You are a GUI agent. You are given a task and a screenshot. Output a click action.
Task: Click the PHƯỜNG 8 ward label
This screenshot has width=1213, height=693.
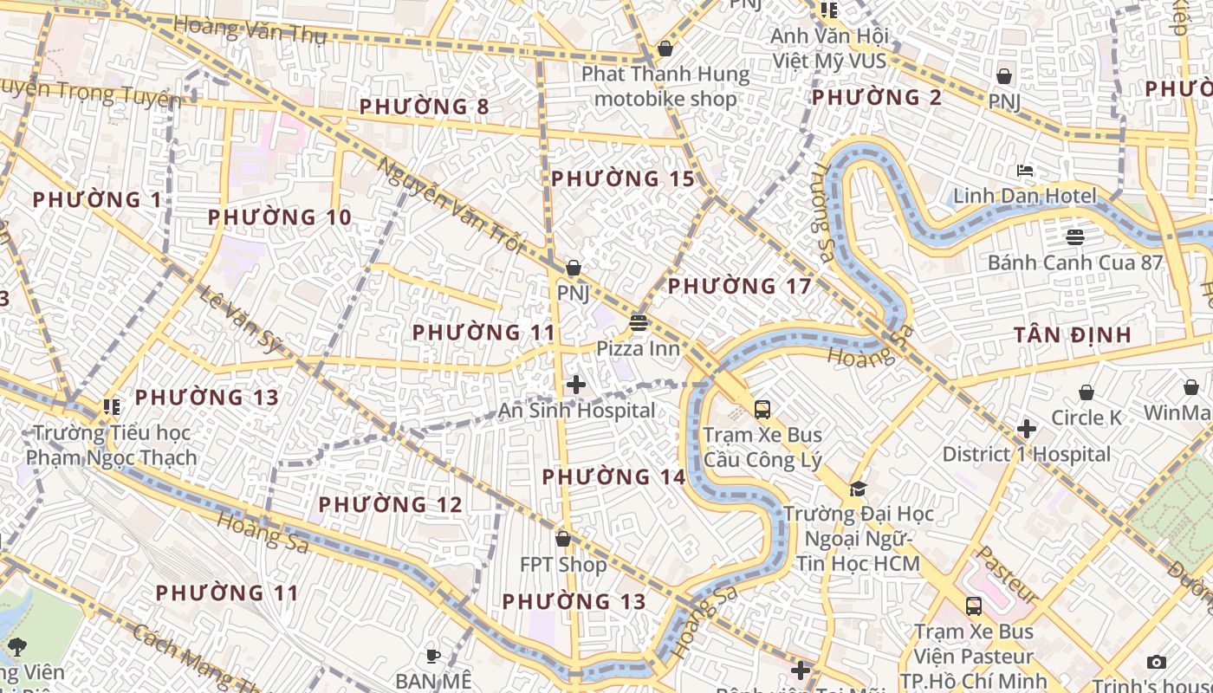click(424, 107)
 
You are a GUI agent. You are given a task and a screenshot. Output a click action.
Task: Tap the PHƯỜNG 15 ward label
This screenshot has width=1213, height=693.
click(623, 179)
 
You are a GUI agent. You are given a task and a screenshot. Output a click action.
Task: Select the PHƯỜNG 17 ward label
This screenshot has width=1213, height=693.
click(739, 286)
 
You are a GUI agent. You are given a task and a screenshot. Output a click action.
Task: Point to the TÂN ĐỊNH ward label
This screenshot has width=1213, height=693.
click(1073, 334)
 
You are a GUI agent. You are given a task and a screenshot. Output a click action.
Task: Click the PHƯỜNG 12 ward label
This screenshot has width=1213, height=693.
click(390, 504)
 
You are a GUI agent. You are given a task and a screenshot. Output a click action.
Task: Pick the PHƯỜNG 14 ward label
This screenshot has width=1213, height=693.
click(613, 476)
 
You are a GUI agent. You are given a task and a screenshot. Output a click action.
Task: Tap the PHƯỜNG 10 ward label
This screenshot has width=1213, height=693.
click(280, 217)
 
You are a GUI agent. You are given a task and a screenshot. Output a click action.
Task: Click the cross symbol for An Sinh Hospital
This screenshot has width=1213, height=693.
click(575, 385)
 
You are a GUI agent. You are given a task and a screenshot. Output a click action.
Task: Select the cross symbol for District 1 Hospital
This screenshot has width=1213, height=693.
click(1027, 429)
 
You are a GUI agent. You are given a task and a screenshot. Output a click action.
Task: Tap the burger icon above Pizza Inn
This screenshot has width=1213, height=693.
click(639, 323)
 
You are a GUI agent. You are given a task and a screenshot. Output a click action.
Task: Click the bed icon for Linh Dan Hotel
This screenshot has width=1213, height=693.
click(1026, 171)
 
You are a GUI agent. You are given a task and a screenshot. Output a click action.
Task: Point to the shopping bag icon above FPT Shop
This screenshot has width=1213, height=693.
click(563, 539)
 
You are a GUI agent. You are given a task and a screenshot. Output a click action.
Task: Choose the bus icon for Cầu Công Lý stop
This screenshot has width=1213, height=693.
click(762, 410)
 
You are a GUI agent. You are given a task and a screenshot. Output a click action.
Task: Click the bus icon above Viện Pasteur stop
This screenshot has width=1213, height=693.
click(974, 606)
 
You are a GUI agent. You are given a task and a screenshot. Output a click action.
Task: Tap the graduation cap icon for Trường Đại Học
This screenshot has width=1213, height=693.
click(858, 489)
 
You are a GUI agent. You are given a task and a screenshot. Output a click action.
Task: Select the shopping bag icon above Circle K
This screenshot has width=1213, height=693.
click(1087, 392)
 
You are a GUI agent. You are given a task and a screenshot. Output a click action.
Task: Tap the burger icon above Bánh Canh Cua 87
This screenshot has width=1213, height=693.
click(1075, 236)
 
